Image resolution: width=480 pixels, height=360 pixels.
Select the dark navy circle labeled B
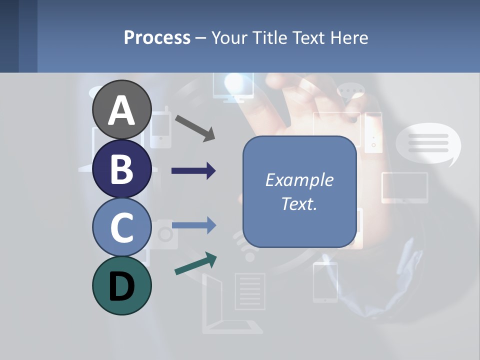tap(121, 168)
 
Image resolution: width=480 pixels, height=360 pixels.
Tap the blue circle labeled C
tap(121, 227)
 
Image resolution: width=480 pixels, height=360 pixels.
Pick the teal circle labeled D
tap(121, 285)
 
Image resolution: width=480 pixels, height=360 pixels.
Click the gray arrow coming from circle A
tap(195, 127)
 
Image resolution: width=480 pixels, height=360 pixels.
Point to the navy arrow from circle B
tap(193, 171)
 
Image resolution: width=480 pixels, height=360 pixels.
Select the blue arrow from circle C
tap(193, 225)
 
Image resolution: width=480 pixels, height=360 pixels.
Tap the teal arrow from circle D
tap(195, 264)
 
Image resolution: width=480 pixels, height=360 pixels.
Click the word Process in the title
tap(157, 37)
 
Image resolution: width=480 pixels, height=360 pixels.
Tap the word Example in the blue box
tap(299, 180)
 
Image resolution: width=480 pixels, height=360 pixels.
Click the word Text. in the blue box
tap(299, 203)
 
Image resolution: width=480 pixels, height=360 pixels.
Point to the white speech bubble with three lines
tap(428, 144)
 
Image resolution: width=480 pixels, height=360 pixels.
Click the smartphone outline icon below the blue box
tap(325, 282)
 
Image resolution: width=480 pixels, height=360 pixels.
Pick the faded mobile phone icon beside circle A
tap(160, 129)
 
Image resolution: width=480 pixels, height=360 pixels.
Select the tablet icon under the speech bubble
tap(404, 187)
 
